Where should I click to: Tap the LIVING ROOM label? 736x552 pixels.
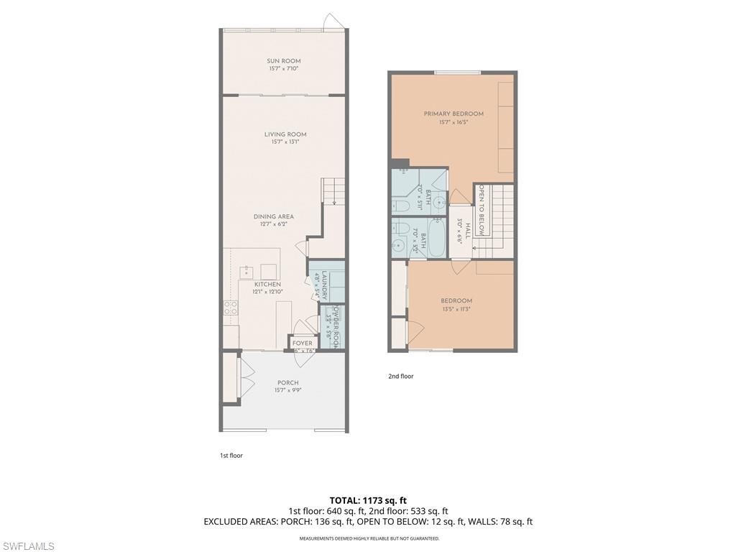pyautogui.click(x=285, y=134)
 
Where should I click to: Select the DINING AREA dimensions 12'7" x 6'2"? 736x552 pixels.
pyautogui.click(x=273, y=225)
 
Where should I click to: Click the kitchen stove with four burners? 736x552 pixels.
pyautogui.click(x=231, y=308)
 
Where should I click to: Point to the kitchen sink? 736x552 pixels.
pyautogui.click(x=248, y=272)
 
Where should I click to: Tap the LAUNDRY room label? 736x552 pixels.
pyautogui.click(x=325, y=285)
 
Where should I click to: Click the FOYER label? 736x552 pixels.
pyautogui.click(x=303, y=343)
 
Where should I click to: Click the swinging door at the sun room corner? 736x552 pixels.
pyautogui.click(x=331, y=22)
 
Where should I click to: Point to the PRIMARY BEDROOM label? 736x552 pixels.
pyautogui.click(x=453, y=114)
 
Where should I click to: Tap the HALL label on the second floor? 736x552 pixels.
pyautogui.click(x=467, y=230)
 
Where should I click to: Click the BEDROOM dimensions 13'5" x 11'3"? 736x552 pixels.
pyautogui.click(x=456, y=309)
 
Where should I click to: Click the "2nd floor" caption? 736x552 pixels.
pyautogui.click(x=400, y=376)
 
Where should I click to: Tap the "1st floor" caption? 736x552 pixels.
pyautogui.click(x=231, y=455)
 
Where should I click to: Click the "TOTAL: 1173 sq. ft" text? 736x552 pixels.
pyautogui.click(x=368, y=500)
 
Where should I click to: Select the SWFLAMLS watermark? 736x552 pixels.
pyautogui.click(x=28, y=546)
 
